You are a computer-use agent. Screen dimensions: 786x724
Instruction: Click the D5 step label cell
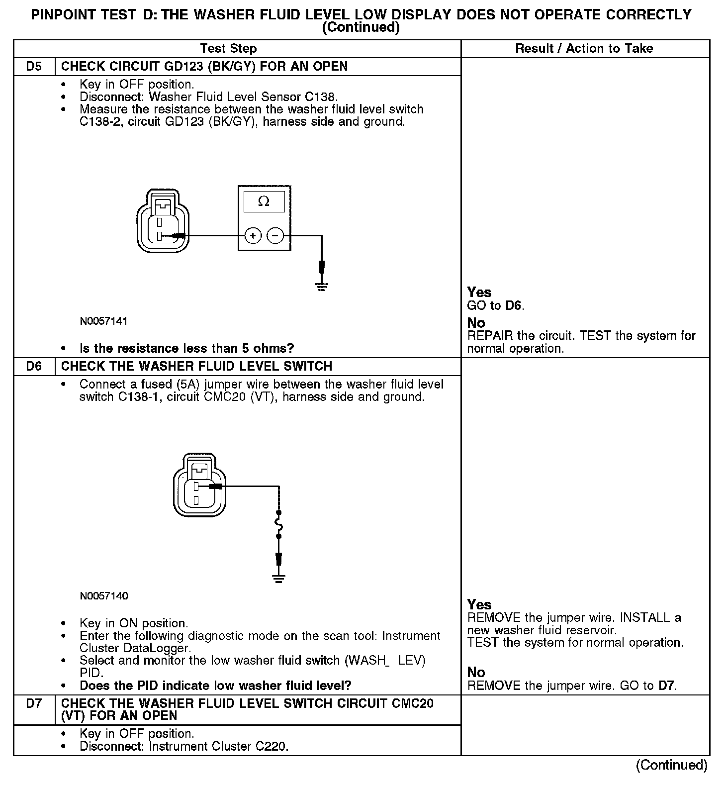[34, 66]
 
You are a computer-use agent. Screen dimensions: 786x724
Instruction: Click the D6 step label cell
[34, 366]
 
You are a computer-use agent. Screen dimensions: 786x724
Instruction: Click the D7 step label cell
[34, 703]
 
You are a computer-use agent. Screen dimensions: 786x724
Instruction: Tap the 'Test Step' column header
[228, 49]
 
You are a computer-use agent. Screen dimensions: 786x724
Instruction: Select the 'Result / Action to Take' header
[584, 49]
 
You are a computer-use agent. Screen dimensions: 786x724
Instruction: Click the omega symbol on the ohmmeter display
[264, 201]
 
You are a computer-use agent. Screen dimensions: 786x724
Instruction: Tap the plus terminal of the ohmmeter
[253, 235]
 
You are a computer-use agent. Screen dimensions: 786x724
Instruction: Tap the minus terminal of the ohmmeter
[276, 235]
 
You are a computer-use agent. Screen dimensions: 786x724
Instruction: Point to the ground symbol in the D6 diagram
[278, 578]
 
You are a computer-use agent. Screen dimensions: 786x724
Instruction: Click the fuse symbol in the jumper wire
[278, 524]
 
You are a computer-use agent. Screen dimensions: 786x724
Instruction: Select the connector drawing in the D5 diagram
[163, 221]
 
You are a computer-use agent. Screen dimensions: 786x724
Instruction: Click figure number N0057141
[103, 321]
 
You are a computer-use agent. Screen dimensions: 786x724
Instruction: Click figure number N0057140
[103, 596]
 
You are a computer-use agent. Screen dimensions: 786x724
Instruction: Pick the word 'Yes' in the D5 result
[479, 293]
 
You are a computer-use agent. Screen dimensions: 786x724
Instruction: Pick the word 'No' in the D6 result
[476, 673]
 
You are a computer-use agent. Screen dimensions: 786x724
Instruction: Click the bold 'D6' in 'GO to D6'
[514, 305]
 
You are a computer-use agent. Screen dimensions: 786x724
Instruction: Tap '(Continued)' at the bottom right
[671, 765]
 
